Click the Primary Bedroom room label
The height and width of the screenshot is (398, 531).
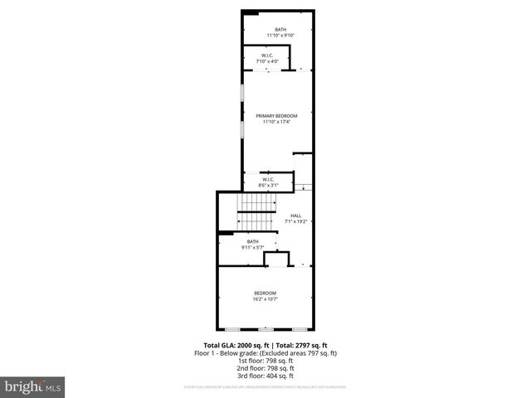point(277,116)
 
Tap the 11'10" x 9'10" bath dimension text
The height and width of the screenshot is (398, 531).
point(280,36)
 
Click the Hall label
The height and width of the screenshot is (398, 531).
point(295,216)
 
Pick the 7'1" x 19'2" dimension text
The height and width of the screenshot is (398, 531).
point(295,221)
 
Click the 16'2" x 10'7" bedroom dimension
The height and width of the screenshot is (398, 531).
point(265,298)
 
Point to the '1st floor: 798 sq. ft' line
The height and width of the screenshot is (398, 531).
point(265,360)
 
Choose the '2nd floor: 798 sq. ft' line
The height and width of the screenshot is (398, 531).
point(265,367)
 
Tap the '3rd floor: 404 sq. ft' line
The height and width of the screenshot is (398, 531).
point(265,375)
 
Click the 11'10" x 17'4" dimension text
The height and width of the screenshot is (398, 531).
point(277,122)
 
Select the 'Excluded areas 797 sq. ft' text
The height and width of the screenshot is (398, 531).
point(300,353)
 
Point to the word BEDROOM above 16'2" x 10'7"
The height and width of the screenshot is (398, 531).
point(265,293)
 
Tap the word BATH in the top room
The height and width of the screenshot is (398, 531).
point(280,30)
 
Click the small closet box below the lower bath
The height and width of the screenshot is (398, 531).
point(276,260)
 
